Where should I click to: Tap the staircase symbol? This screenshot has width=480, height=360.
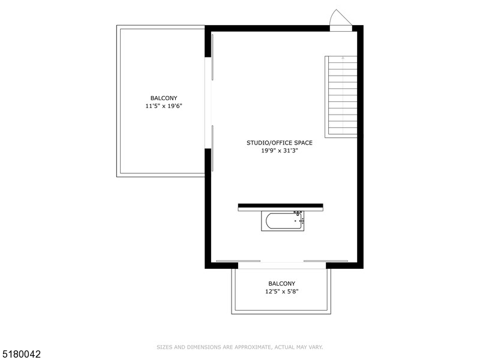(x=341, y=97)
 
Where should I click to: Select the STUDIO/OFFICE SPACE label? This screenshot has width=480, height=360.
(x=280, y=143)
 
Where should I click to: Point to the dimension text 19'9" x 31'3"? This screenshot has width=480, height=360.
(x=280, y=151)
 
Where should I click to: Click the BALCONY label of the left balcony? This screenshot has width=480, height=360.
(x=164, y=98)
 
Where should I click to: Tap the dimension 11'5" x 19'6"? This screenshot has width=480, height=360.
(x=164, y=106)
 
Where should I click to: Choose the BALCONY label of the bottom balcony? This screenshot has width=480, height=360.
(x=281, y=284)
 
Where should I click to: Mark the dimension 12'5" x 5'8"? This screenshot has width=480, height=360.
(x=281, y=292)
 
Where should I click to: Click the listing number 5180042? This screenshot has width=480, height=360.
(x=21, y=355)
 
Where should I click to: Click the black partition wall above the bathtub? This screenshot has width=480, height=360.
(x=280, y=206)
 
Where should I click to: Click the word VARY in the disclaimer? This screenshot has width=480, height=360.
(x=316, y=347)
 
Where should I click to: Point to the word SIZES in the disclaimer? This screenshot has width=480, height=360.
(x=164, y=347)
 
